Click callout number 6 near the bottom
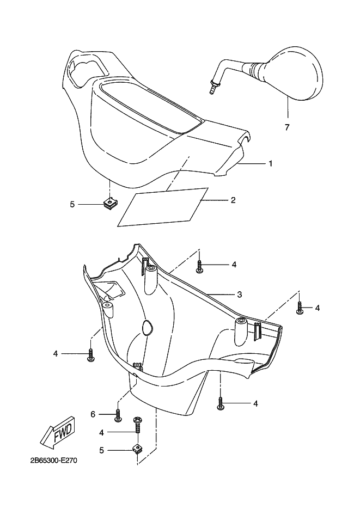pos(93,414)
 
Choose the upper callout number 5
pos(72,204)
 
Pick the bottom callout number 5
pos(102,450)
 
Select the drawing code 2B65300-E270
pos(54,461)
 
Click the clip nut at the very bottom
pos(137,450)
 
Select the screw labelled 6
pos(118,414)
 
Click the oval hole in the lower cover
pos(147,327)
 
